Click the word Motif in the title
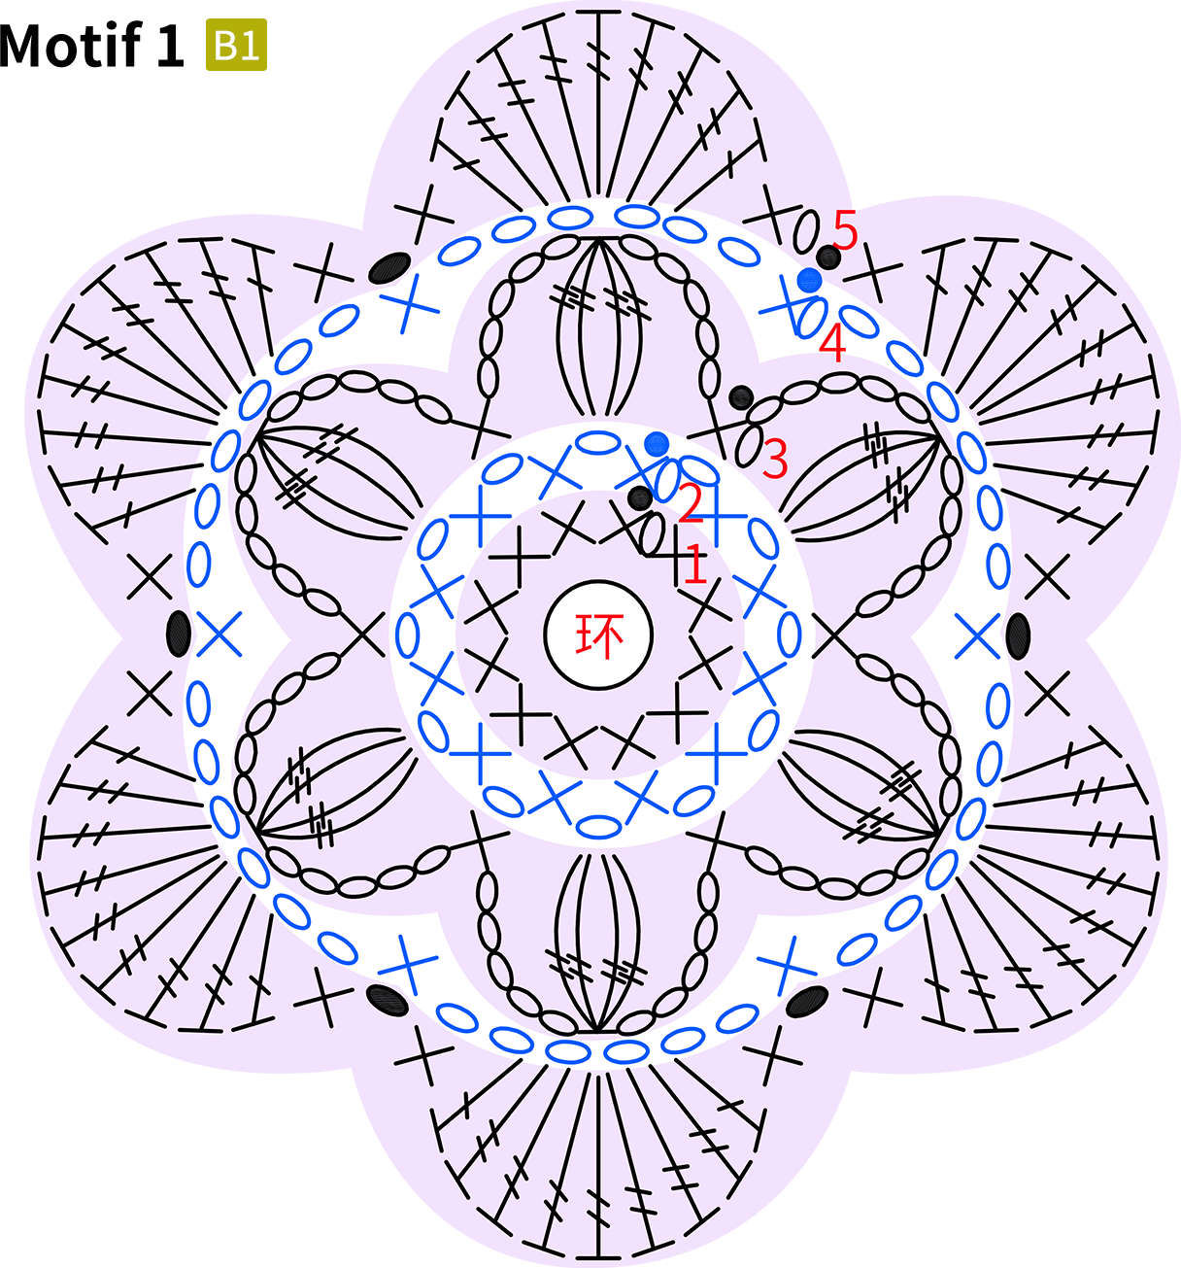click(x=70, y=45)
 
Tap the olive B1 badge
click(x=236, y=45)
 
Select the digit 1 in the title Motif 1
click(x=170, y=45)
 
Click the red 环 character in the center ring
click(x=599, y=635)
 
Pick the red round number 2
click(x=691, y=503)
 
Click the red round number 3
click(x=776, y=459)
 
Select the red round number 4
click(x=832, y=343)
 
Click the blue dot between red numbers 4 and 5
click(x=809, y=280)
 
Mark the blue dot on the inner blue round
click(x=657, y=444)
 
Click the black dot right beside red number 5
click(x=828, y=257)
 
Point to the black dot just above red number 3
click(x=741, y=397)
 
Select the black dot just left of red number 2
click(x=640, y=498)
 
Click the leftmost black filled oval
click(x=178, y=634)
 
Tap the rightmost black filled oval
click(x=1018, y=635)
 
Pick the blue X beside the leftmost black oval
click(x=219, y=634)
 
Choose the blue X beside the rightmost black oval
click(x=977, y=635)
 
